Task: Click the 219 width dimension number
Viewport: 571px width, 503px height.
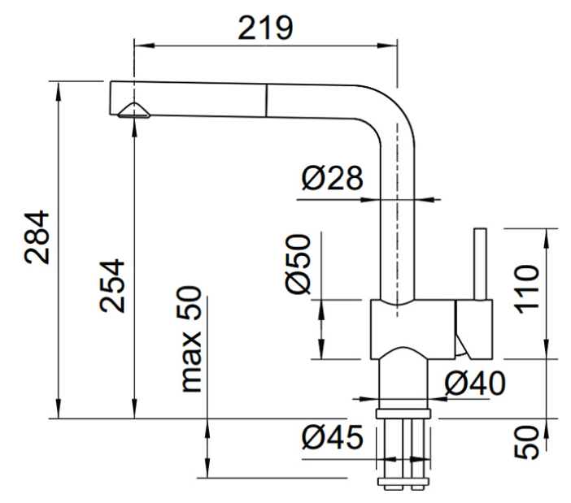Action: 265,28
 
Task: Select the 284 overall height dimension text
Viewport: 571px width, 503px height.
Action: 37,236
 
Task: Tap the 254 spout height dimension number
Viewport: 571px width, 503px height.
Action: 112,285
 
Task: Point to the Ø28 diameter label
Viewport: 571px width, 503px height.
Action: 332,178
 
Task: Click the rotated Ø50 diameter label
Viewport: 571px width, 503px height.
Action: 299,263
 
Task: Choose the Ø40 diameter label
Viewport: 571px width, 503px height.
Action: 475,383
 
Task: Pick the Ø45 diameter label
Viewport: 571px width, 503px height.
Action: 333,437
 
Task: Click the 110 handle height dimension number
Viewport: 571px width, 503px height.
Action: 526,289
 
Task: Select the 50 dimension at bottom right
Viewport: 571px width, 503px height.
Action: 526,442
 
